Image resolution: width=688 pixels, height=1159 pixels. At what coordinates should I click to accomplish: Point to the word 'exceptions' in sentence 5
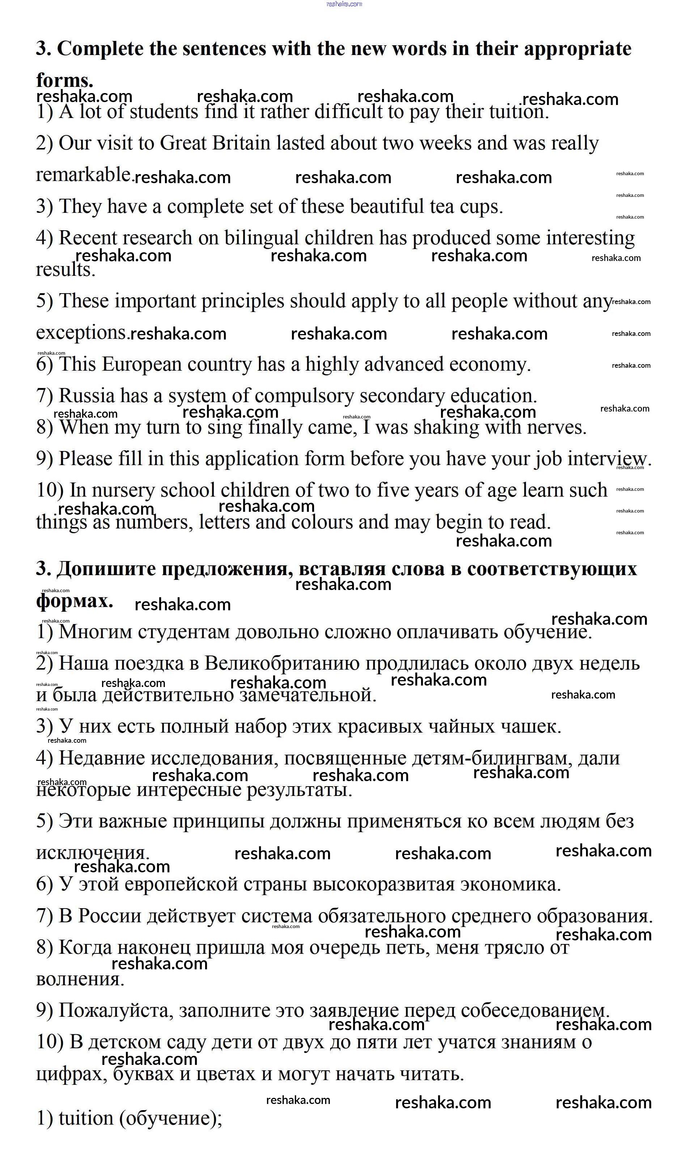81,333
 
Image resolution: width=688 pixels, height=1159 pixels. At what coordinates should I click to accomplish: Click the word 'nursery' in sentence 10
123,490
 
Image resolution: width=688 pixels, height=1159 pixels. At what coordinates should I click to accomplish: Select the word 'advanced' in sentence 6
404,364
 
